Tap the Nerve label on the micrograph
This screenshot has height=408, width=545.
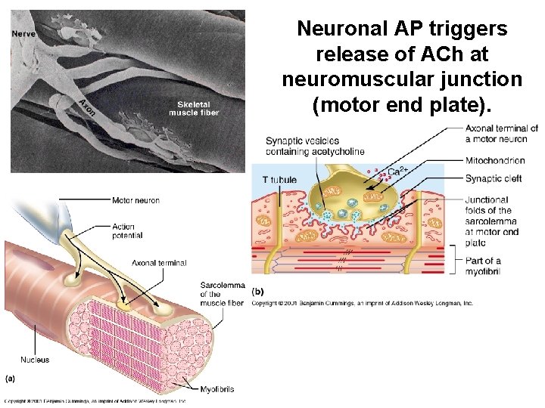(23, 33)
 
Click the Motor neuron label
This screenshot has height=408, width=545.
(135, 200)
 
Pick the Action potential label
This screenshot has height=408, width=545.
(127, 230)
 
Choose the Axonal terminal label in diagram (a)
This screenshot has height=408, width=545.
(159, 263)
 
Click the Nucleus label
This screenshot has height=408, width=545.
(35, 360)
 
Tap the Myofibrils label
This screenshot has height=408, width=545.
(216, 389)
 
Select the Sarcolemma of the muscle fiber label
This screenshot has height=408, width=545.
(222, 294)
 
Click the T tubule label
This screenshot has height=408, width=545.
(278, 179)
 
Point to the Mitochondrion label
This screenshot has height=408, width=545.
(495, 160)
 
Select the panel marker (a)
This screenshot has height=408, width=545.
(11, 377)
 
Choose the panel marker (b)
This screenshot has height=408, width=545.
(258, 292)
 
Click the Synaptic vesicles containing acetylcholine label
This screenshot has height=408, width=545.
(314, 146)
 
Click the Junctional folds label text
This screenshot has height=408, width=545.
(492, 221)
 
